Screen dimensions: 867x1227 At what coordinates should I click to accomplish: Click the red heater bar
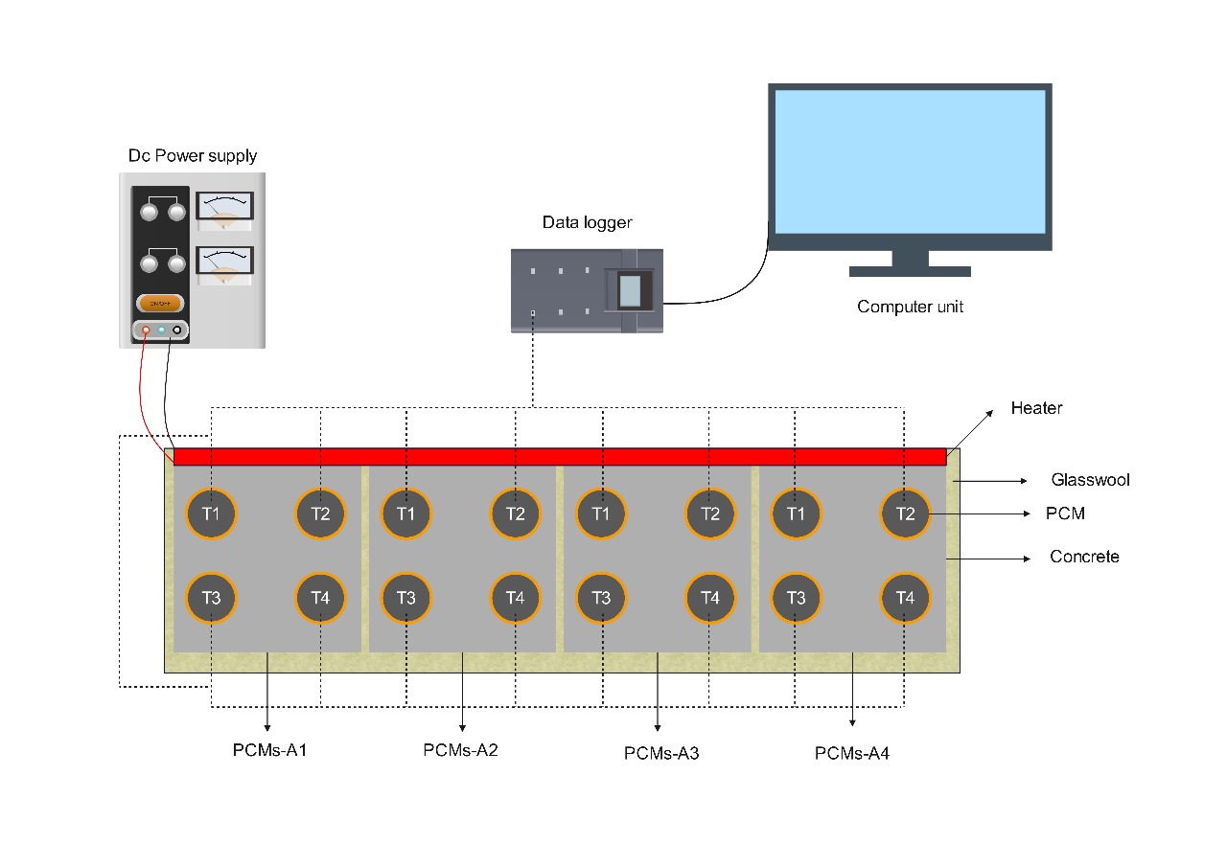560,457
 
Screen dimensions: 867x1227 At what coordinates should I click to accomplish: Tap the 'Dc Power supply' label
193,155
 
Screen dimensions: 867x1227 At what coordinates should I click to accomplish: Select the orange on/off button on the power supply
160,303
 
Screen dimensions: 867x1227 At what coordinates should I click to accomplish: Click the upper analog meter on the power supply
224,210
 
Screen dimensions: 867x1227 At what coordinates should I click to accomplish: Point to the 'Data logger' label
587,223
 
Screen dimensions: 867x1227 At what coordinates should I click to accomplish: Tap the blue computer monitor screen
909,162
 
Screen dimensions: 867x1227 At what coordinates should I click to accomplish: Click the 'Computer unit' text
910,308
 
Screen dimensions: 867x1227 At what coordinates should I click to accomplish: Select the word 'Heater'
1036,408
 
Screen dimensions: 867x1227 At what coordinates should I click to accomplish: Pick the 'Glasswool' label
1090,480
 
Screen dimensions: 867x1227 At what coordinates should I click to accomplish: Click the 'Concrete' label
1084,557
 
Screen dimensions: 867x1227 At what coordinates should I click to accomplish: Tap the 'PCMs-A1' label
269,749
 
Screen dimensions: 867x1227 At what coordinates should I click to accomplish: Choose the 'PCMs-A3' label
661,753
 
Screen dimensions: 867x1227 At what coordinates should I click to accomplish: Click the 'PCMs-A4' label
852,754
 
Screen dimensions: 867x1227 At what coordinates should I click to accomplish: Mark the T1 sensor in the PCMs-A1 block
211,513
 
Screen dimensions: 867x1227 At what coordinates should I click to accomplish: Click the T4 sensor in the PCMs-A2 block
516,598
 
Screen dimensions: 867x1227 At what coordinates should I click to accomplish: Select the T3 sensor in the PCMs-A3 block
601,598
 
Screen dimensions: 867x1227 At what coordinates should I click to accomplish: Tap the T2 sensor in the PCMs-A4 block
906,513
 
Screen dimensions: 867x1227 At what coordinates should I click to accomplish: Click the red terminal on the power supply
146,331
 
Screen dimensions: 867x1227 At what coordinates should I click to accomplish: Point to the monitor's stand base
910,271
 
